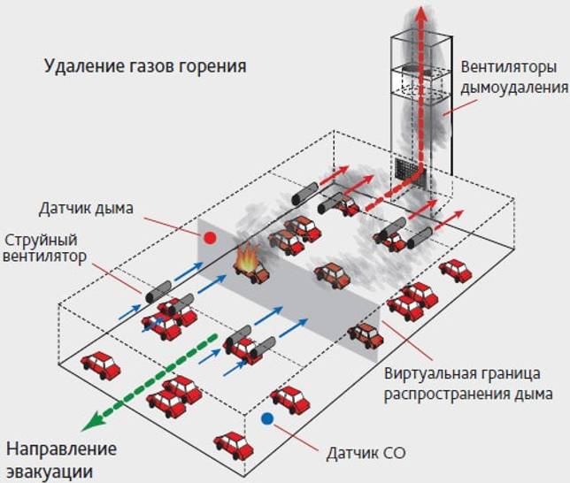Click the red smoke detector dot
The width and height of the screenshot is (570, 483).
[x=210, y=238]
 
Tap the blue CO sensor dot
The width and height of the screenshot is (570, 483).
[x=267, y=418]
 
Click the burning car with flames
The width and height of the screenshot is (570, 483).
[x=250, y=264]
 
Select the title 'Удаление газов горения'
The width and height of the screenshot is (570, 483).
[x=145, y=66]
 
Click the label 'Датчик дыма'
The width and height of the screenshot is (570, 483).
[x=86, y=209]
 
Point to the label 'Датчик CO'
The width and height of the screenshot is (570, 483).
[x=366, y=453]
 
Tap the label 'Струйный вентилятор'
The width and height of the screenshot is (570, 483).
[x=45, y=249]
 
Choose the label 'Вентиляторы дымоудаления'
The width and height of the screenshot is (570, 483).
[x=514, y=78]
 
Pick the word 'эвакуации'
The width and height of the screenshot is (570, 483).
[x=50, y=471]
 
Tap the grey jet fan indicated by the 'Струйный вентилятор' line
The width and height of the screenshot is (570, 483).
[x=158, y=292]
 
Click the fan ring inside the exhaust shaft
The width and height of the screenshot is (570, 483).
[x=421, y=70]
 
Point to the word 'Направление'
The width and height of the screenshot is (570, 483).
[x=61, y=449]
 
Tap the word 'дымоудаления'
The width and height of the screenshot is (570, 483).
[x=514, y=88]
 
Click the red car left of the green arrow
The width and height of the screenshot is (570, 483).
[x=101, y=365]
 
